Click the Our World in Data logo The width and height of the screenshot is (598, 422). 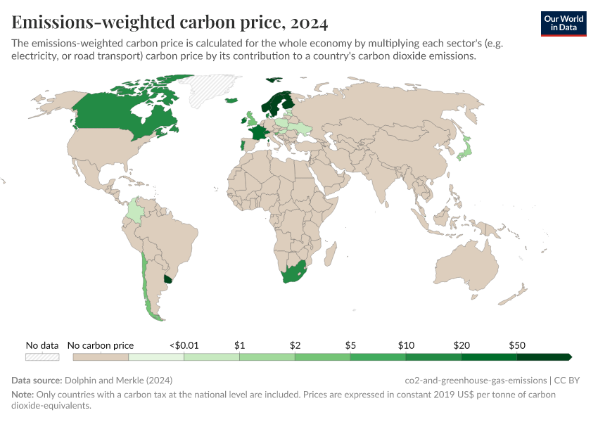click(x=564, y=23)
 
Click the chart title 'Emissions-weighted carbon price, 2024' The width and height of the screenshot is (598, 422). click(x=170, y=23)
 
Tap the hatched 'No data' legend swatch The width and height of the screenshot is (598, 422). click(x=42, y=357)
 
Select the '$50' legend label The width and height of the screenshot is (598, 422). click(x=517, y=345)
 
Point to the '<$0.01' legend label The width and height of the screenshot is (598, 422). click(x=184, y=345)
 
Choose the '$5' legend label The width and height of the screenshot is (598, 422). click(x=350, y=345)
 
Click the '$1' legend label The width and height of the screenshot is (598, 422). click(x=239, y=345)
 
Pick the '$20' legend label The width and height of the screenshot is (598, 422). click(x=462, y=345)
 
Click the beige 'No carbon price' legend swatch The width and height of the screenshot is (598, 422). click(x=101, y=357)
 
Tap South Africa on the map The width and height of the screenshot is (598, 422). click(x=292, y=274)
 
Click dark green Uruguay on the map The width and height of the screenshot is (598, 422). click(x=167, y=279)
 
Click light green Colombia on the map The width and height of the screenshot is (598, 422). click(x=135, y=210)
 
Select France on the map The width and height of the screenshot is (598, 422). click(x=259, y=133)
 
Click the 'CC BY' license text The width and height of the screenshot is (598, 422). click(x=567, y=381)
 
